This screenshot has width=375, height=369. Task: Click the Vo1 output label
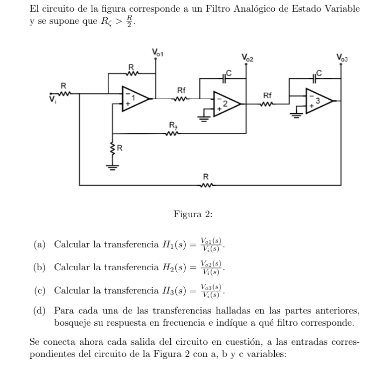pos(157,52)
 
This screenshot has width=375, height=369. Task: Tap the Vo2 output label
pos(247,58)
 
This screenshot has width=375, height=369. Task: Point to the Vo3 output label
pos(342,58)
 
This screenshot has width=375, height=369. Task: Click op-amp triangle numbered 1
pos(135,99)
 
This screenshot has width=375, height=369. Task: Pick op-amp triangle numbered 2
pos(227,104)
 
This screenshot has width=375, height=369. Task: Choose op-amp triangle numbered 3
pos(319,101)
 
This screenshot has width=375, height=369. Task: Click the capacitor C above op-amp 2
pos(224,79)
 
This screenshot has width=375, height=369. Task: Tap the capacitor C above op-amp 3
pos(314,79)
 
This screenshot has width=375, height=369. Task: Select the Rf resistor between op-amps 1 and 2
pos(181,99)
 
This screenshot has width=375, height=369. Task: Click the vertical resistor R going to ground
pos(112,148)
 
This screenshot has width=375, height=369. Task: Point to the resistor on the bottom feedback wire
pos(206,185)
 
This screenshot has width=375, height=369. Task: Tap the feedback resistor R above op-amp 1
pos(132,73)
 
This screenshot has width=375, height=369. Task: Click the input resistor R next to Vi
pos(64,94)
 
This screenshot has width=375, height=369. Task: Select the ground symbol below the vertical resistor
pos(112,167)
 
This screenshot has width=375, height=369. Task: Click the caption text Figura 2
pos(193,214)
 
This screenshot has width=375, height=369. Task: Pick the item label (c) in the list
pos(40,290)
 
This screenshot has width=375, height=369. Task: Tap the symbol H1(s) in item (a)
pos(174,245)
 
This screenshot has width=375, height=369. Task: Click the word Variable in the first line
pos(342,8)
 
